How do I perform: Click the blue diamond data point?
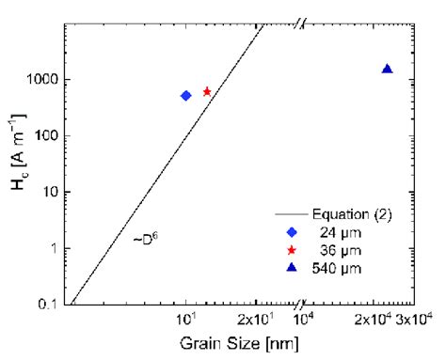pos(186,96)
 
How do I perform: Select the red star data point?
pos(207,91)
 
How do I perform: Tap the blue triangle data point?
pos(387,69)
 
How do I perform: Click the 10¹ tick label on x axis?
pos(186,321)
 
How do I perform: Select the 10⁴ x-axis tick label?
pos(304,321)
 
